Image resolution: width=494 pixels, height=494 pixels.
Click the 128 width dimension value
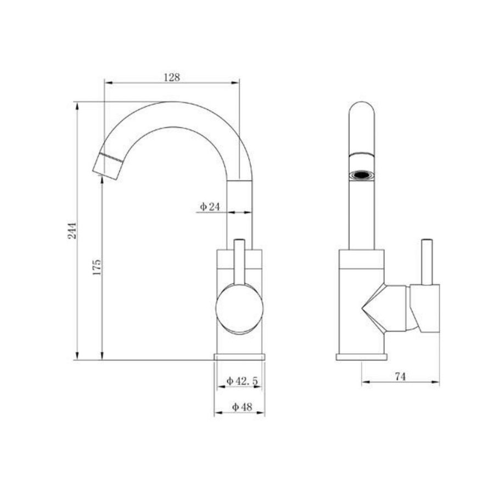point(172,77)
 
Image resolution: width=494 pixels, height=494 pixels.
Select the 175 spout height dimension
point(97,268)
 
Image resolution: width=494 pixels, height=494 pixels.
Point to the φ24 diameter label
point(210,207)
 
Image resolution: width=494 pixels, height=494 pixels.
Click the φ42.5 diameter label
point(242,380)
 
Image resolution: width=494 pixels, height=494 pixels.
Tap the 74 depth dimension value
point(400,376)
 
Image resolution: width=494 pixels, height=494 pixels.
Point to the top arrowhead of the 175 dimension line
point(102,181)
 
